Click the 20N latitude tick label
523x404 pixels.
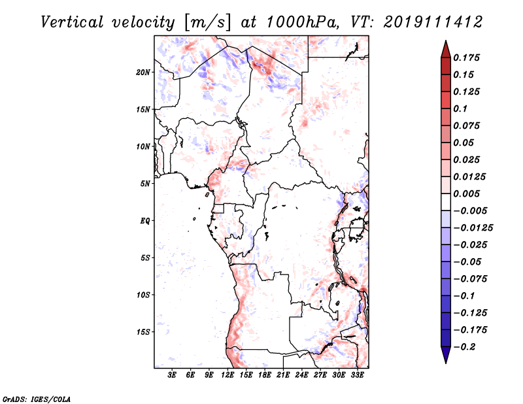[143, 72]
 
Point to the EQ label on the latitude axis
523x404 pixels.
[145, 221]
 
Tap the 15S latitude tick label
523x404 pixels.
[143, 332]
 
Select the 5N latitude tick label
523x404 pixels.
[145, 184]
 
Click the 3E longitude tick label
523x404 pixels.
[173, 375]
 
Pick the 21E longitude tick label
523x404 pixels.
[283, 375]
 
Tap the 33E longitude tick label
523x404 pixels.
[357, 375]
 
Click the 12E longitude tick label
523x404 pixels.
[228, 375]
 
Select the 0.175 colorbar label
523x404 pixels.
[467, 58]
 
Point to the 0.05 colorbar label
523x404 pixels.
[465, 143]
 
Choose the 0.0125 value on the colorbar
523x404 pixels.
[470, 177]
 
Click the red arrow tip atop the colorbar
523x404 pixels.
[445, 44]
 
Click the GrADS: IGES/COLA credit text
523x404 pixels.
[27, 397]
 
